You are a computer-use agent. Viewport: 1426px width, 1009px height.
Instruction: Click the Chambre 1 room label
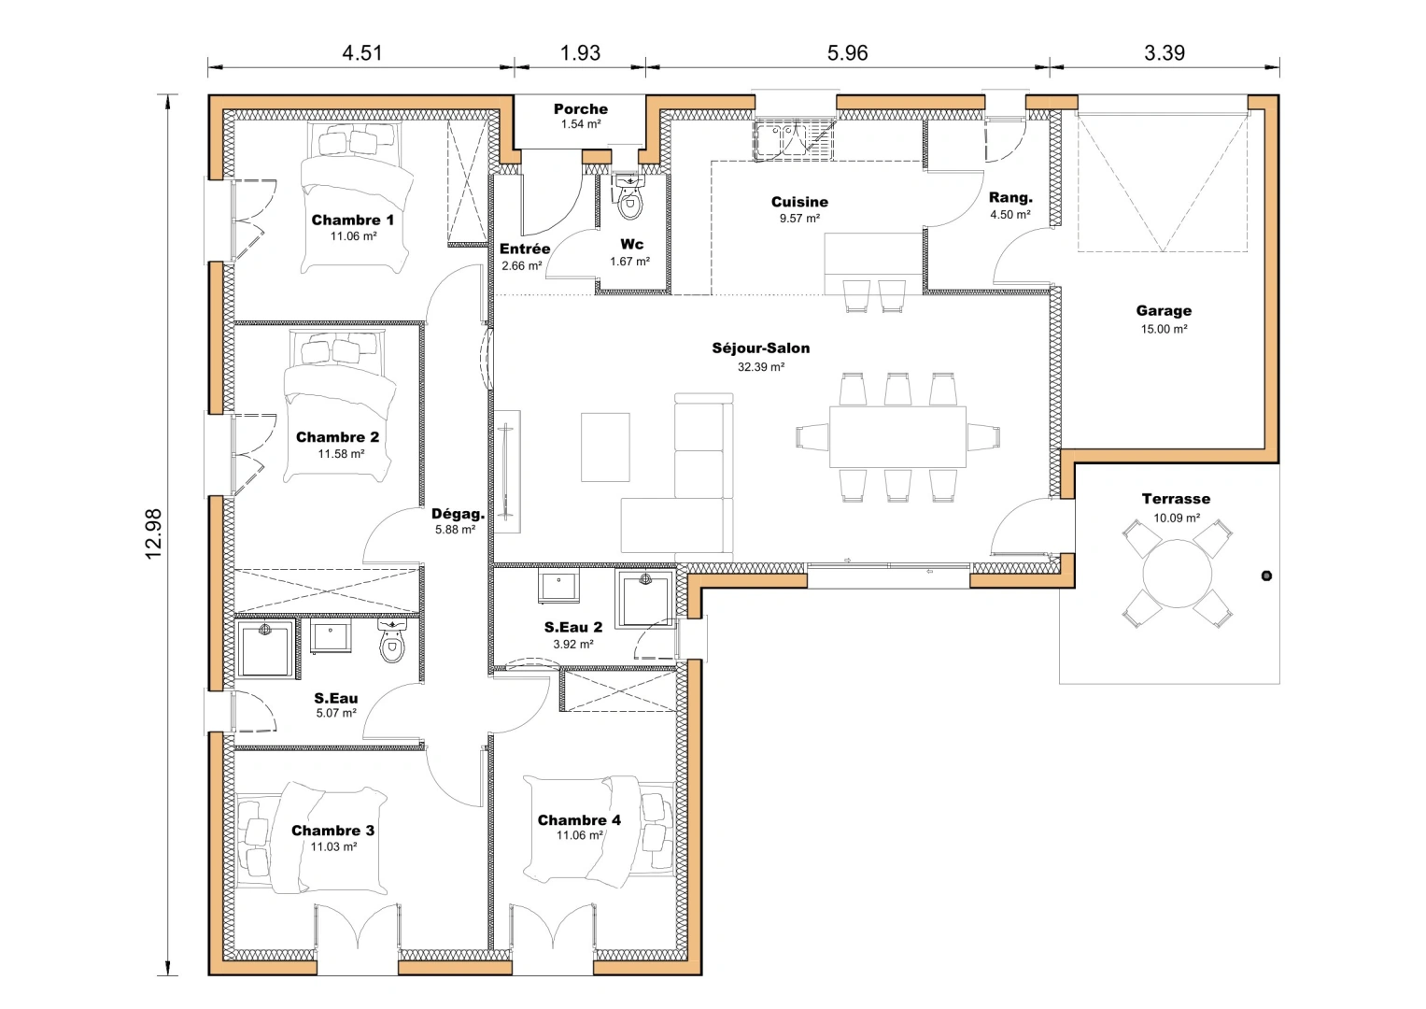[352, 220]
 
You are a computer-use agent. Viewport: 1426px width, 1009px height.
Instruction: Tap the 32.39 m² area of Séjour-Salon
[760, 367]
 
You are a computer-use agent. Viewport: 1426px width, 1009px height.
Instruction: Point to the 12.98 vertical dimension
[154, 534]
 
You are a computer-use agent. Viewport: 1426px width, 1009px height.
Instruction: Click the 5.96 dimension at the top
[847, 53]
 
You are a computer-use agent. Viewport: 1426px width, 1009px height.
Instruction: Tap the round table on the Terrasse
[1177, 575]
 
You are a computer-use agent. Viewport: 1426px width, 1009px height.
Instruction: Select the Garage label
[1164, 311]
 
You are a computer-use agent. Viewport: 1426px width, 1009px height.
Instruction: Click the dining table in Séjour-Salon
[897, 436]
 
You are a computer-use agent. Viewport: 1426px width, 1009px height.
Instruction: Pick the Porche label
[580, 109]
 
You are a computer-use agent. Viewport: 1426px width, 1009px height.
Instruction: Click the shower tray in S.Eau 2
[644, 599]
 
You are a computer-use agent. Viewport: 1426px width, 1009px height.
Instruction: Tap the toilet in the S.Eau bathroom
[393, 643]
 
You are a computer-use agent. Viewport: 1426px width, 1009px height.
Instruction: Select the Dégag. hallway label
[458, 514]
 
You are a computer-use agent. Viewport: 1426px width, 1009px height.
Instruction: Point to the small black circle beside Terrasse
[1266, 576]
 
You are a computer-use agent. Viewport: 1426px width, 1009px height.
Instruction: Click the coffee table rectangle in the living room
[605, 448]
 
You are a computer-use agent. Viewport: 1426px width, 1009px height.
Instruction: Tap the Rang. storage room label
[1010, 198]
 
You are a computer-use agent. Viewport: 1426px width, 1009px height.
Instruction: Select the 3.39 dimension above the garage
[1164, 53]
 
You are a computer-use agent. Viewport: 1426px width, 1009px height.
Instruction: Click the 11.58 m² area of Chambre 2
[341, 454]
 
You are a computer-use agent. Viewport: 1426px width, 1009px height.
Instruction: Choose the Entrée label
[524, 249]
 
